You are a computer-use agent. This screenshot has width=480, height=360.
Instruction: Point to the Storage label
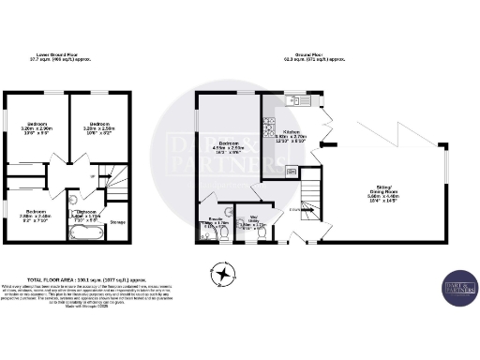117,222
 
